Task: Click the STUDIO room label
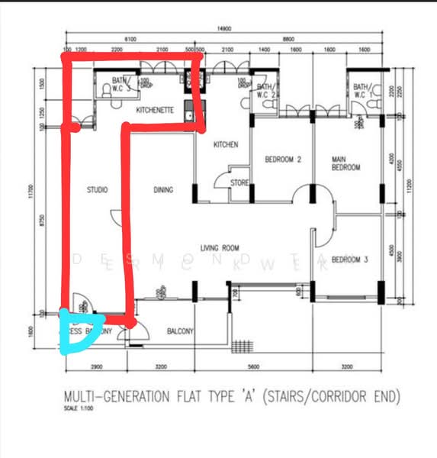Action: (x=97, y=189)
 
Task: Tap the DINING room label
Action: (x=163, y=189)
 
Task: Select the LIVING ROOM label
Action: (x=220, y=247)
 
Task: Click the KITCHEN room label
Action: (x=226, y=144)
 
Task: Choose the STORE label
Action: (x=240, y=182)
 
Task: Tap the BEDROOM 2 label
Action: (x=283, y=160)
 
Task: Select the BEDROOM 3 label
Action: (x=350, y=260)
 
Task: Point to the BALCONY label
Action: (x=181, y=331)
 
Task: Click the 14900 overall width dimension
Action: (x=224, y=28)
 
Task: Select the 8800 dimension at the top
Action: (x=288, y=38)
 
